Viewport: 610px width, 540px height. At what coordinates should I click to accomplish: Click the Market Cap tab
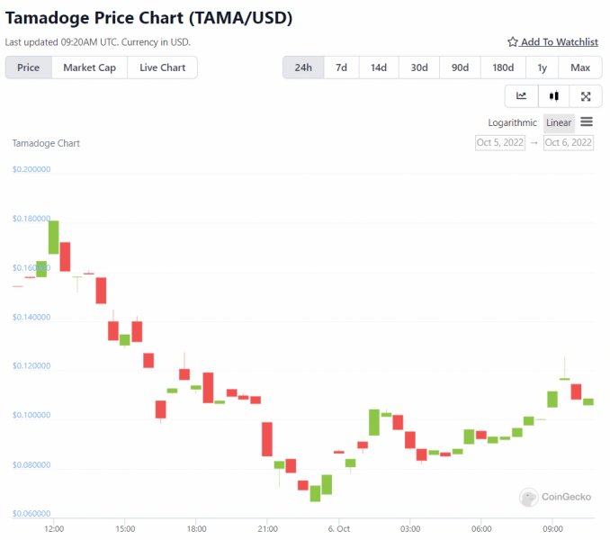[x=89, y=67]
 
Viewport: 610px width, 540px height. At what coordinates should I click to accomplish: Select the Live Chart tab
[x=162, y=67]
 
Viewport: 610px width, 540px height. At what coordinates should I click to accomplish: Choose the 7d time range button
[x=341, y=67]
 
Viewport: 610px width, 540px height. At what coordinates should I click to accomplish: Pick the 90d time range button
[x=460, y=67]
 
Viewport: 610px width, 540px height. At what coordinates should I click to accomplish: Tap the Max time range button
[x=580, y=67]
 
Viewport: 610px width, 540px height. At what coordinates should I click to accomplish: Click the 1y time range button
[x=542, y=67]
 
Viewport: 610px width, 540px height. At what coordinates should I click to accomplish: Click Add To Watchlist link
[x=552, y=42]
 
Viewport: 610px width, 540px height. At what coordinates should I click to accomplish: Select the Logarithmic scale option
[x=513, y=122]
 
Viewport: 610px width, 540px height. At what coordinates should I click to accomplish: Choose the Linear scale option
[x=559, y=122]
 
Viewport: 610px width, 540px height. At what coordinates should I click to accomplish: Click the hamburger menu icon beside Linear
[x=587, y=122]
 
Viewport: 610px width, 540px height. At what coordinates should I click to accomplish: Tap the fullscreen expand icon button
[x=586, y=96]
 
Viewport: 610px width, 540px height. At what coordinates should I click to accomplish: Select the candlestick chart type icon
[x=554, y=96]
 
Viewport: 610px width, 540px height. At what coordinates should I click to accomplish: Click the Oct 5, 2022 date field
[x=500, y=142]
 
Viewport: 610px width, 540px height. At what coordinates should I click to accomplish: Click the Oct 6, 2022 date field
[x=569, y=142]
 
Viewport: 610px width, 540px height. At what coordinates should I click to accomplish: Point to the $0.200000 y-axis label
[x=31, y=169]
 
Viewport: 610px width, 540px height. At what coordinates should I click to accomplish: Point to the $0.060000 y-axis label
[x=31, y=513]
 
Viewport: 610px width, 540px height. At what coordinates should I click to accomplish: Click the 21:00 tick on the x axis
[x=267, y=529]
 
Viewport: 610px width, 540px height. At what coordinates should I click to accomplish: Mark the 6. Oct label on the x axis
[x=338, y=529]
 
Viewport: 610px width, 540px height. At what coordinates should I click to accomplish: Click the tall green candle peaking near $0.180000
[x=54, y=237]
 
